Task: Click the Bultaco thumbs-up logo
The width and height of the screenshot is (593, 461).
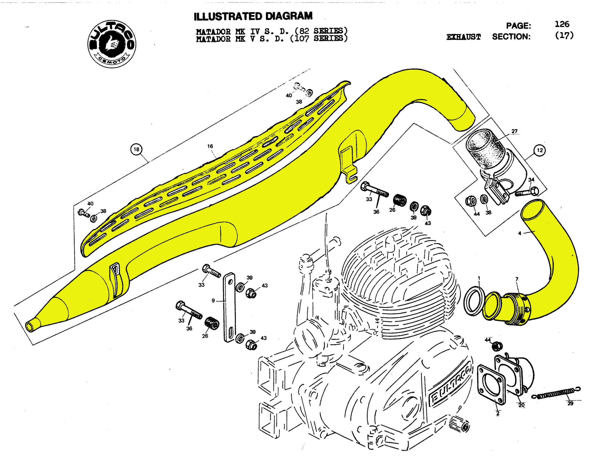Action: (x=112, y=44)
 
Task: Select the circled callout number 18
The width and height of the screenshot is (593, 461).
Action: (x=136, y=149)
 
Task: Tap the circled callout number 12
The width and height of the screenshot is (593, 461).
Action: (x=540, y=150)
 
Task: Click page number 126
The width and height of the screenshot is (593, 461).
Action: (x=562, y=25)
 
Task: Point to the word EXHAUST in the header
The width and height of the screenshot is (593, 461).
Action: (x=464, y=37)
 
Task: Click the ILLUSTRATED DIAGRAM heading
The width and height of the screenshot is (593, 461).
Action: (x=253, y=16)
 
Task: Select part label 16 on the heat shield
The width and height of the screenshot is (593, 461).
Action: (x=210, y=146)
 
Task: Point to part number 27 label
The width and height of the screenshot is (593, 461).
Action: (x=514, y=131)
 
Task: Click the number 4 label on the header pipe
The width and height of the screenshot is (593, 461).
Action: (x=519, y=233)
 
